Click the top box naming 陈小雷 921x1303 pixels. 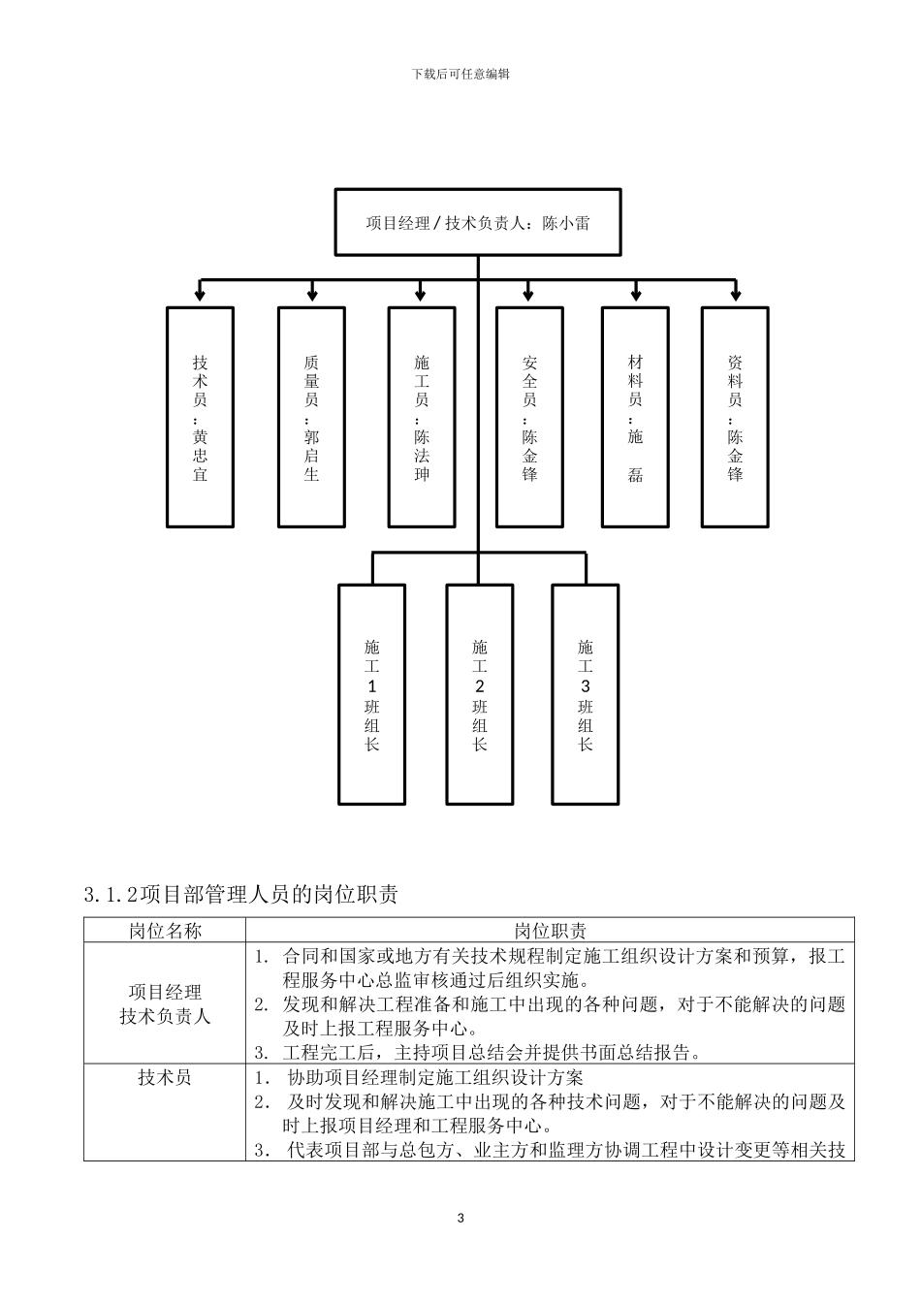477,223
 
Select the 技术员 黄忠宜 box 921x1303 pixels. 200,417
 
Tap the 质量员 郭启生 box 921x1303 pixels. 311,417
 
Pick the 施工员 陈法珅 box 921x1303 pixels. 422,417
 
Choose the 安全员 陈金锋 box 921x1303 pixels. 529,417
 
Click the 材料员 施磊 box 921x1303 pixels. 635,417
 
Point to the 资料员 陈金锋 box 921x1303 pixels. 735,417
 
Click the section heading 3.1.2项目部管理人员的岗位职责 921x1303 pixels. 241,895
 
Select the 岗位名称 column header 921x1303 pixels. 165,931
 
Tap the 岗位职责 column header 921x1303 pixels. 550,931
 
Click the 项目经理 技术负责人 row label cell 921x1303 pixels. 165,1004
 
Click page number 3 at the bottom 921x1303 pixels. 460,1218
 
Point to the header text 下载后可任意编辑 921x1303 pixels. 460,74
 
